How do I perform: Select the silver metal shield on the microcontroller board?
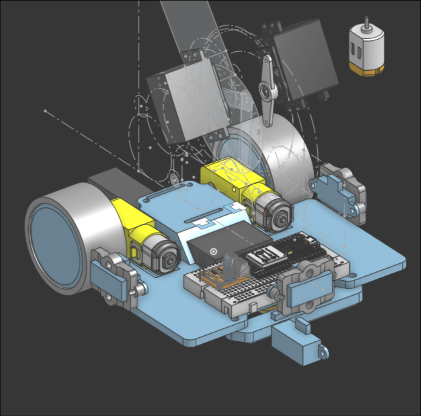coord(265,257)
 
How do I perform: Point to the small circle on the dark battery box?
coord(212,251)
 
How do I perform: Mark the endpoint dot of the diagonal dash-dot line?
coord(45,110)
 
